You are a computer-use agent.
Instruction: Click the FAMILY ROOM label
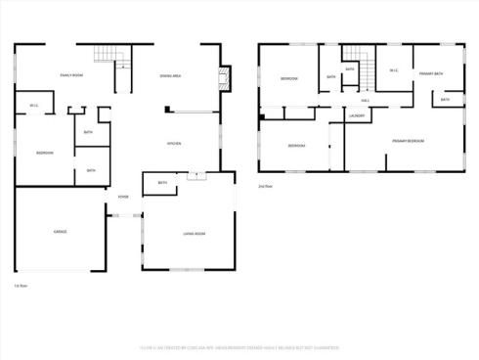[70, 75]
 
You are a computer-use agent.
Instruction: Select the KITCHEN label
[174, 144]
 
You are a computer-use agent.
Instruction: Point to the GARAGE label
[60, 232]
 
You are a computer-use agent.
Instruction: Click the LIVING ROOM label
[194, 234]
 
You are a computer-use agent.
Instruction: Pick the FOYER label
[123, 197]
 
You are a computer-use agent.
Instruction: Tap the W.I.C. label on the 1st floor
[34, 106]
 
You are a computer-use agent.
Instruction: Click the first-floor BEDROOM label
[44, 153]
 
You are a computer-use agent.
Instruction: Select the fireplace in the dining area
[225, 78]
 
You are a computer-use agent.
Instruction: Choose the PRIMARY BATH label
[430, 73]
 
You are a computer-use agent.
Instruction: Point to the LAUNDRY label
[357, 116]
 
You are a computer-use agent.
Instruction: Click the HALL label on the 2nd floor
[365, 100]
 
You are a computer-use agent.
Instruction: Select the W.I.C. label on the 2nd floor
[393, 70]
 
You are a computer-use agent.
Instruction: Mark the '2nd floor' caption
[264, 185]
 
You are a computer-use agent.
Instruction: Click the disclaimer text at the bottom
[239, 346]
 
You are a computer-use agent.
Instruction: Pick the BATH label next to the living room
[162, 182]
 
